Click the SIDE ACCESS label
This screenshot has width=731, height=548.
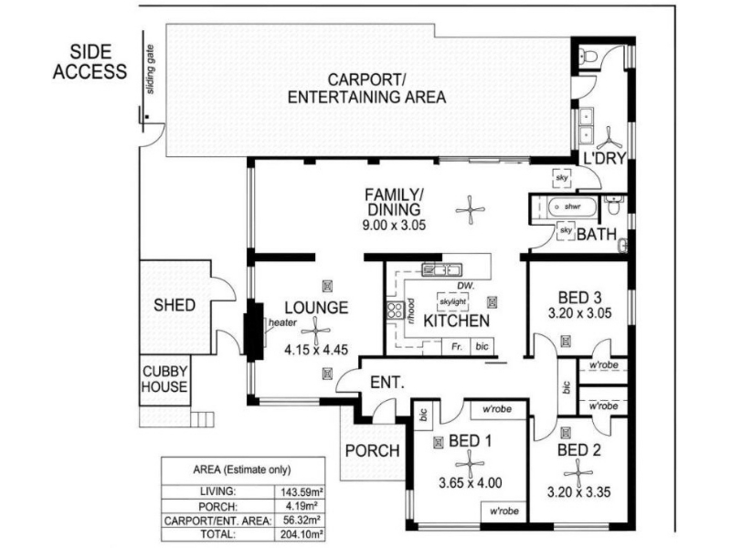(90, 62)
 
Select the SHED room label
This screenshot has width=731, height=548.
(175, 305)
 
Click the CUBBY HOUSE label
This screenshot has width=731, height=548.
(164, 379)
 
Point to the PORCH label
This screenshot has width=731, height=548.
(373, 450)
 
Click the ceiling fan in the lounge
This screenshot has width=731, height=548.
(315, 331)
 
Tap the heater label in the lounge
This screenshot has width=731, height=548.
(282, 322)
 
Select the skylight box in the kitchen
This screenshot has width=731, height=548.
(452, 302)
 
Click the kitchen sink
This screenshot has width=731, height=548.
(441, 269)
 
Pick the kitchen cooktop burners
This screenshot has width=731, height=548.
(395, 311)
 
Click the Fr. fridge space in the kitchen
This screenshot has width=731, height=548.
(456, 346)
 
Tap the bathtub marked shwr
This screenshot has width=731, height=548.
(573, 207)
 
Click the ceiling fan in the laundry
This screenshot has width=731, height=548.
(609, 139)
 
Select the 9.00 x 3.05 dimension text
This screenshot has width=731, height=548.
(394, 226)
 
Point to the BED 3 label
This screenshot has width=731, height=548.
(579, 298)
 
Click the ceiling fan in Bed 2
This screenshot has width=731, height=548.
(578, 473)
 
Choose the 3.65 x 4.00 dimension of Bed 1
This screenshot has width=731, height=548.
(470, 483)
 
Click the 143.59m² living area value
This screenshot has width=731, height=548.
(302, 491)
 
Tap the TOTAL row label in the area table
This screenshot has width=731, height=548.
(217, 534)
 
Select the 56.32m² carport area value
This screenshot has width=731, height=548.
(302, 520)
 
